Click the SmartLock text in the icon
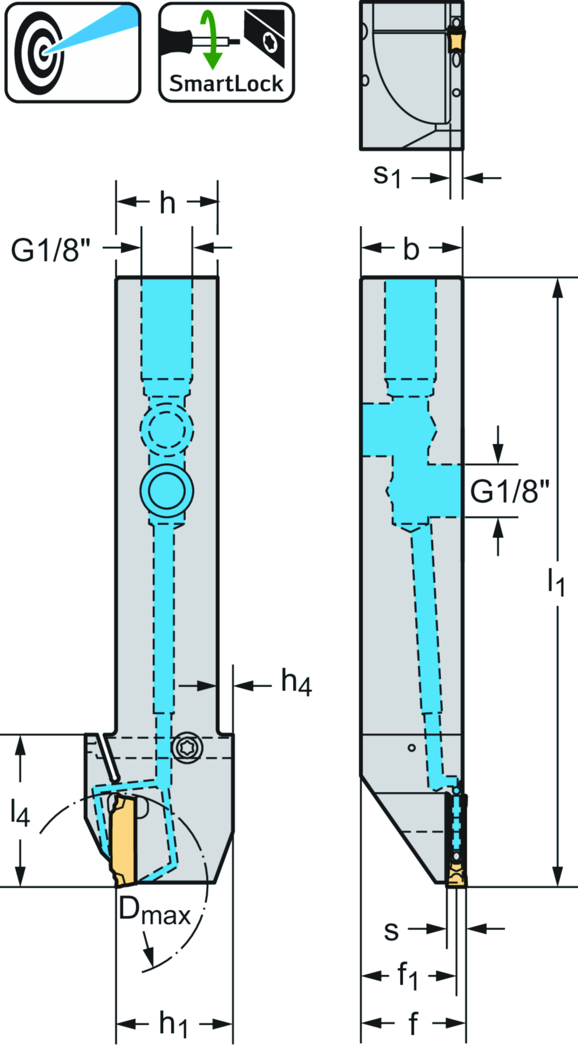click(x=226, y=84)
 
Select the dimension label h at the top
click(x=168, y=203)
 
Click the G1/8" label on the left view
click(x=50, y=249)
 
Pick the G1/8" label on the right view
click(x=509, y=491)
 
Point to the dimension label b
click(x=411, y=249)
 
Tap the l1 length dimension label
click(x=556, y=581)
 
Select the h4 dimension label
click(x=296, y=683)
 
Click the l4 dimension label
click(x=19, y=814)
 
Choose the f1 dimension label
click(x=407, y=976)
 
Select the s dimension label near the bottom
click(x=391, y=931)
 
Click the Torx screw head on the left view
click(x=187, y=747)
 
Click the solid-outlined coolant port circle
click(x=167, y=490)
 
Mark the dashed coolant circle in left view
click(x=167, y=429)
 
